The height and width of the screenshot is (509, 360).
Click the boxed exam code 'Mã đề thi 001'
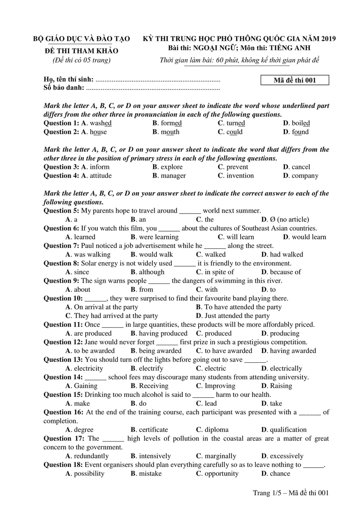pos(295,80)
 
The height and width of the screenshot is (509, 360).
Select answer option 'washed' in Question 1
pos(101,123)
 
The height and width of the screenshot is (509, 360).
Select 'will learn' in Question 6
pos(240,237)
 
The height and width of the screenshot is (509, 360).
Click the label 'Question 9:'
pos(61,281)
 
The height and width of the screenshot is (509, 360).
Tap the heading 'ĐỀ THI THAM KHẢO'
pos(81,51)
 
